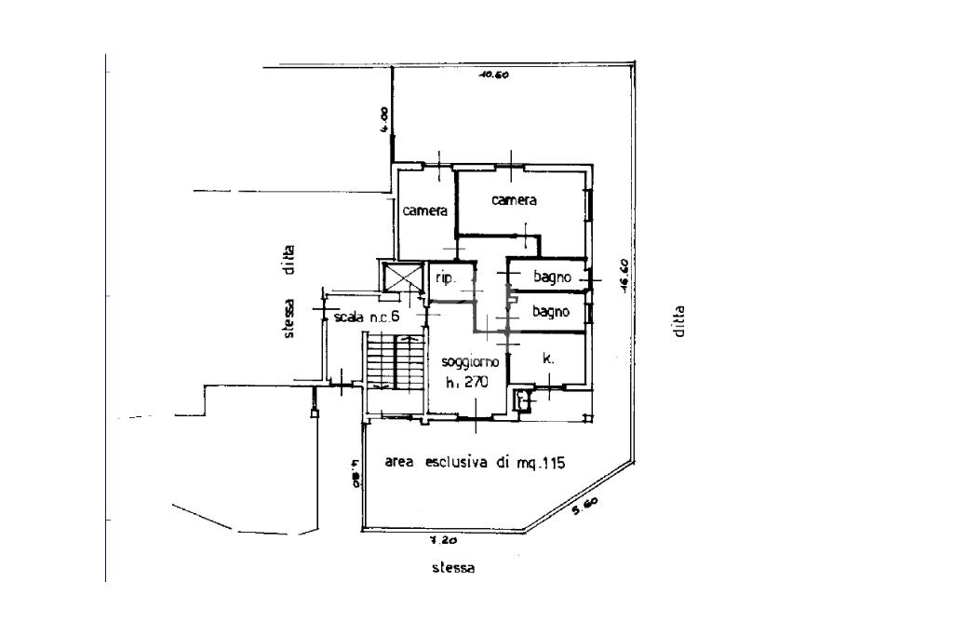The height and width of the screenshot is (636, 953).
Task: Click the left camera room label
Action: click(424, 211)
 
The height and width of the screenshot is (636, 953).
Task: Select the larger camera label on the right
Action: click(515, 200)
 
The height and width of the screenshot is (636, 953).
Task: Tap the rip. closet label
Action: click(445, 278)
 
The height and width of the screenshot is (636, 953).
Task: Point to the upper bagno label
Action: click(551, 277)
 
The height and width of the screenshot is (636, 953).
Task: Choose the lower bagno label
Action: click(550, 312)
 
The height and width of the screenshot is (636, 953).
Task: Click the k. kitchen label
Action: click(548, 358)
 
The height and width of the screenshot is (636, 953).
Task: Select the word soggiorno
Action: click(471, 361)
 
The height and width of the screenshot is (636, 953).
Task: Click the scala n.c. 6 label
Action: click(366, 318)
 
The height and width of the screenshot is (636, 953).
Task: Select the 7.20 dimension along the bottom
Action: click(441, 539)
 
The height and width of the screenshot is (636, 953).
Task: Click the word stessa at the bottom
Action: click(453, 568)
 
